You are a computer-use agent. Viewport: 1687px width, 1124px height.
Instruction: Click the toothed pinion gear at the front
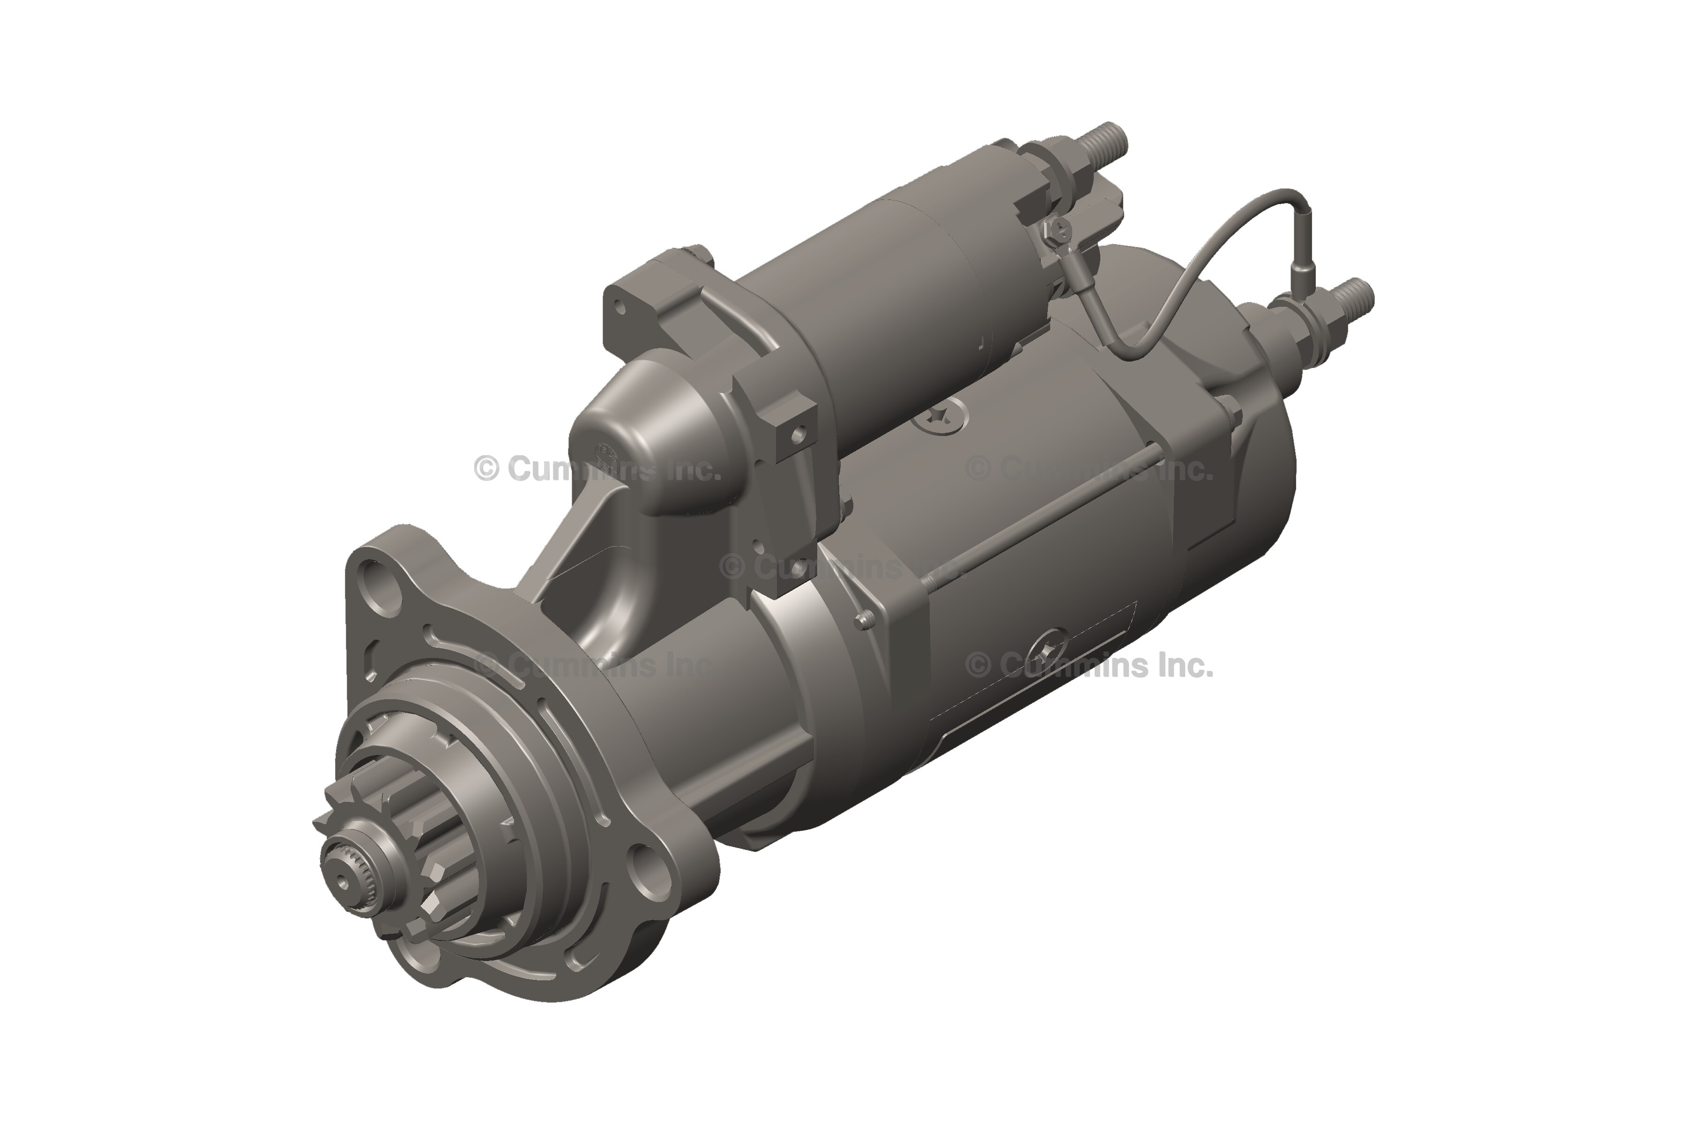[391, 857]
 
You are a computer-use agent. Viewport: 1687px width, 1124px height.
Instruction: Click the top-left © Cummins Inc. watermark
[595, 470]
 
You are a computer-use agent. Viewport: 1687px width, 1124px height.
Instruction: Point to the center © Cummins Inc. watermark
[839, 568]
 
